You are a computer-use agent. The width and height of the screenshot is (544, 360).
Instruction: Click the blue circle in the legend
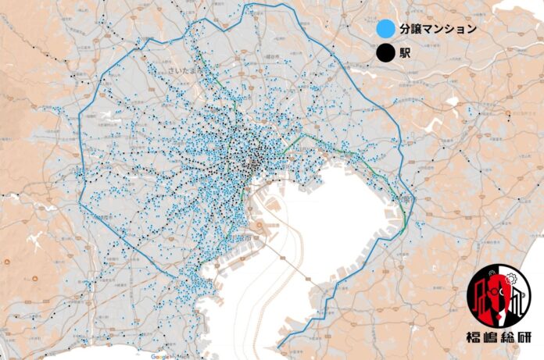[383, 30]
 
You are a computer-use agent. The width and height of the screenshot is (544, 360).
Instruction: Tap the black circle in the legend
[383, 54]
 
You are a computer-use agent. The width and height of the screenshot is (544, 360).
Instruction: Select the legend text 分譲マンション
[437, 30]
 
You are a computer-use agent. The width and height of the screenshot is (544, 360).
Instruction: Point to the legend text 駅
[405, 54]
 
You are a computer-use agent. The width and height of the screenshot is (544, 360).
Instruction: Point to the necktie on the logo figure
[499, 316]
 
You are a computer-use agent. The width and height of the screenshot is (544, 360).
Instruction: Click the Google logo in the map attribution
[160, 355]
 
